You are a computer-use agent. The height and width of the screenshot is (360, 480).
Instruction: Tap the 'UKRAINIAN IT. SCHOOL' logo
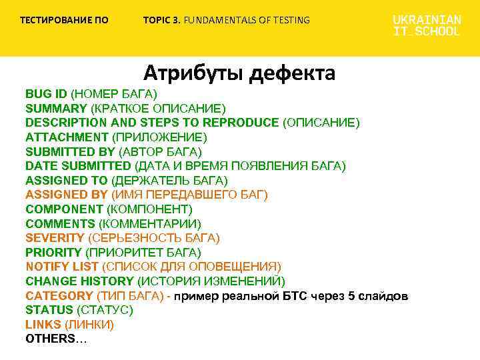(x=426, y=25)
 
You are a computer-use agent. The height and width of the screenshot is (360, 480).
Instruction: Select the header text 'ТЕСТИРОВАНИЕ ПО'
(x=64, y=20)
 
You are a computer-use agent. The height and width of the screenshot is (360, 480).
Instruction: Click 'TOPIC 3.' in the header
(x=161, y=20)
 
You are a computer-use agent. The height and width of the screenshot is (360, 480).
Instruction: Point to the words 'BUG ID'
(x=47, y=93)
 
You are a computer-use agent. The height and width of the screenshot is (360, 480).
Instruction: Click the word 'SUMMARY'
(x=56, y=108)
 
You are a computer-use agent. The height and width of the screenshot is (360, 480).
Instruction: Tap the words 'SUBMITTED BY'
(x=70, y=151)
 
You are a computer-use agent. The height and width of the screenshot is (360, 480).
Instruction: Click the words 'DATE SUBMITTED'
(x=78, y=166)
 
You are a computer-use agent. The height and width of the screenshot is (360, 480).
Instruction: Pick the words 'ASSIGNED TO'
(x=66, y=180)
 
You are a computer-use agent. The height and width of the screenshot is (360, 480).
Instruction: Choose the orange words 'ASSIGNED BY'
(x=66, y=195)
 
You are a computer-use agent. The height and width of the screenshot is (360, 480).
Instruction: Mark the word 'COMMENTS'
(x=61, y=223)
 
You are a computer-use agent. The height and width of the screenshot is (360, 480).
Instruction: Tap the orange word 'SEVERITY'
(x=55, y=238)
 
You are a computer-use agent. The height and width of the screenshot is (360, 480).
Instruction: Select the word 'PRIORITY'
(x=54, y=252)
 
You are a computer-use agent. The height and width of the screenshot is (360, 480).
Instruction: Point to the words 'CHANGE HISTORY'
(x=73, y=281)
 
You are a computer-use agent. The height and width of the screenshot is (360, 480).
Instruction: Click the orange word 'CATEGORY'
(x=59, y=295)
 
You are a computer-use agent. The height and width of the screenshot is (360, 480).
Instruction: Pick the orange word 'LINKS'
(x=43, y=324)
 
